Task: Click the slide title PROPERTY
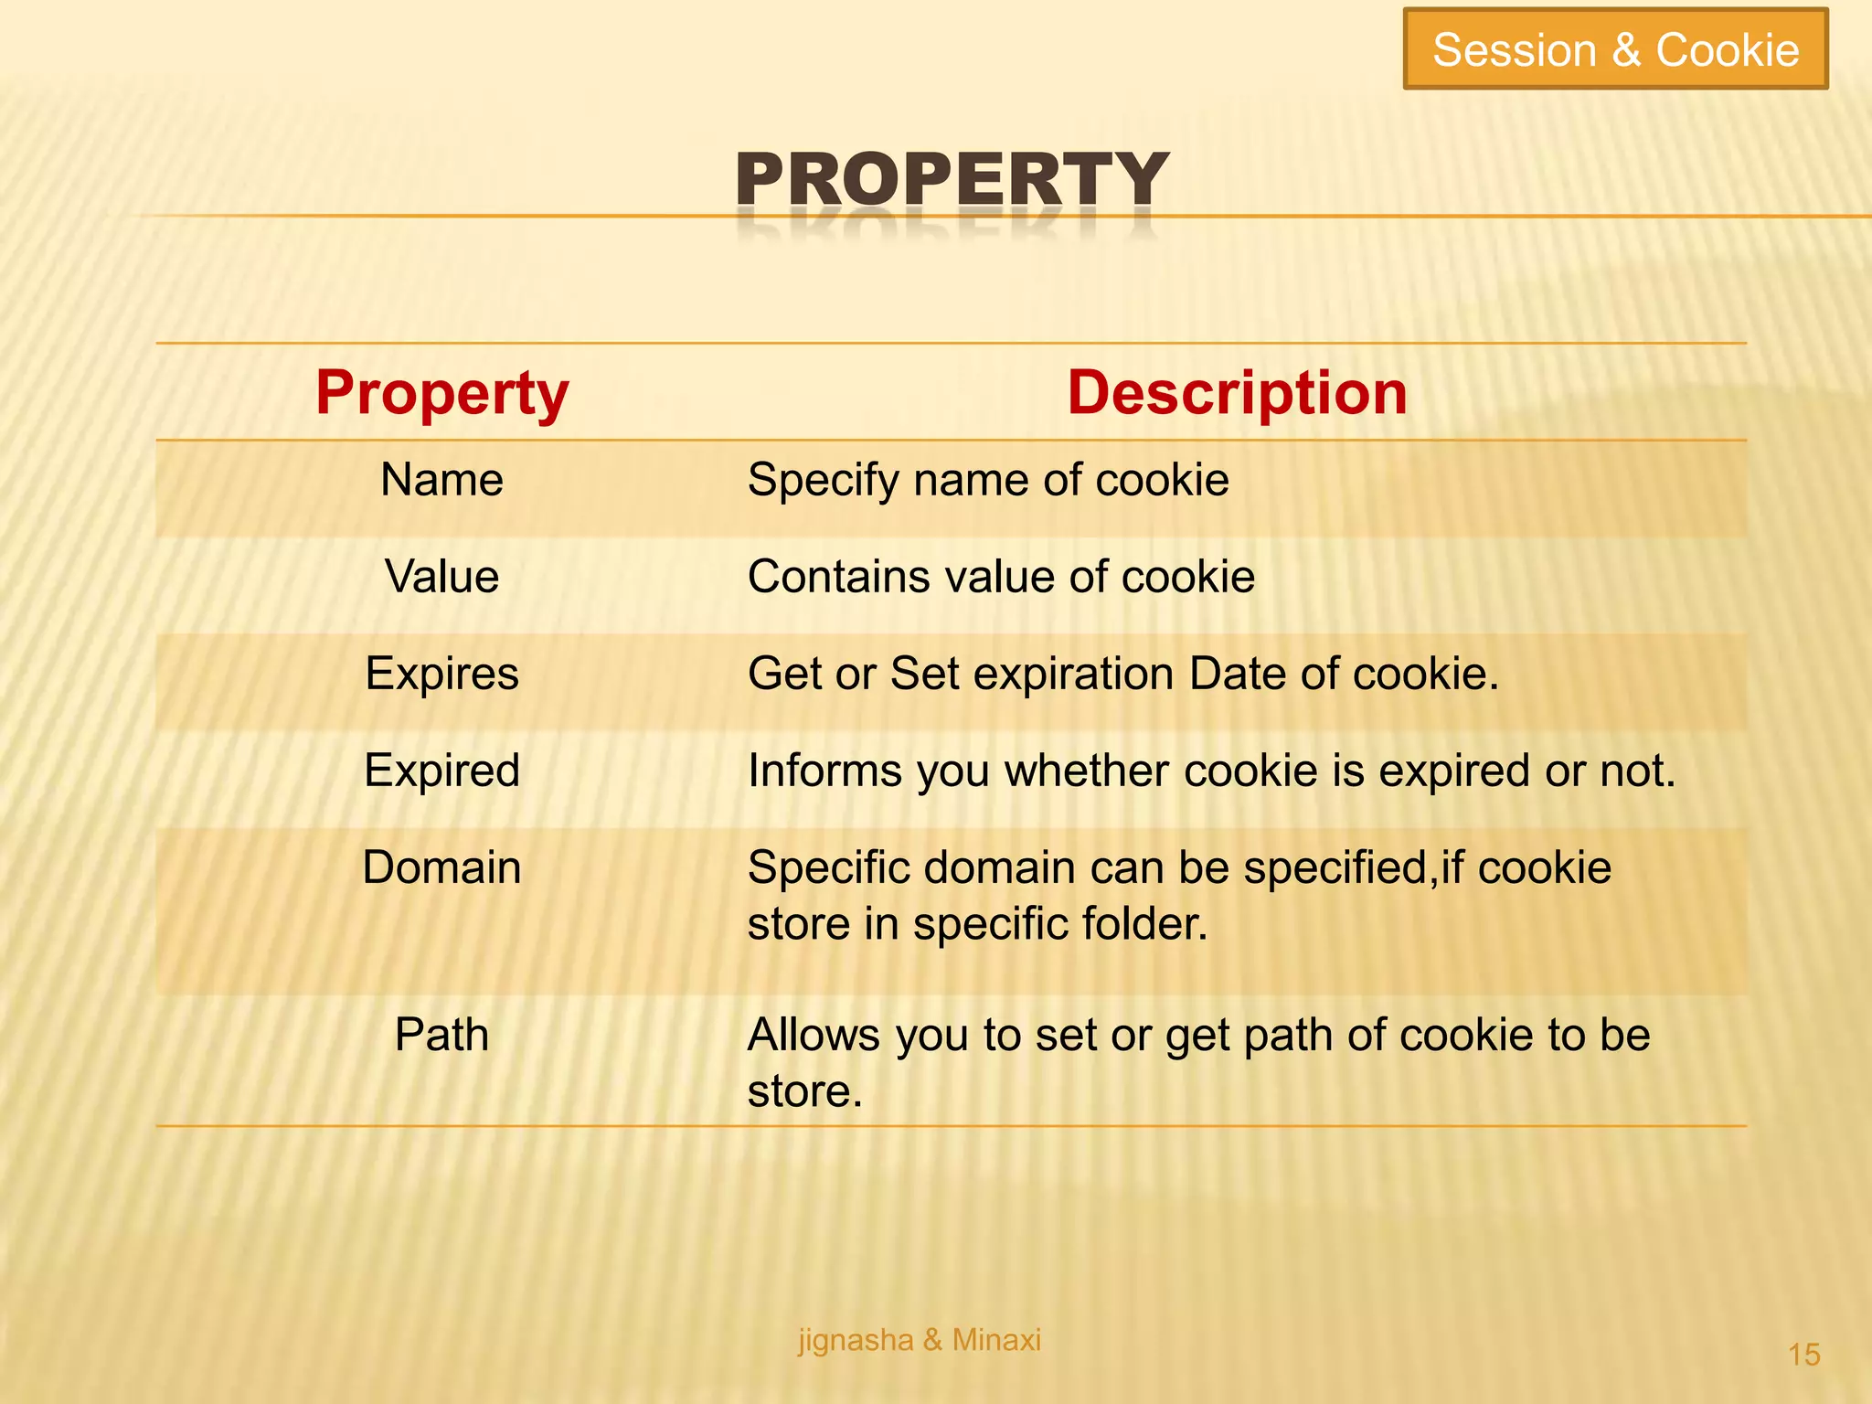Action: point(952,179)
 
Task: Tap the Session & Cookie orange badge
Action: point(1615,49)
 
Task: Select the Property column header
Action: point(442,392)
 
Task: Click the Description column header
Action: point(1237,392)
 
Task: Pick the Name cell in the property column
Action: point(441,480)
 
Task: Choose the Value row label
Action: point(442,577)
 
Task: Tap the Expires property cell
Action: point(442,674)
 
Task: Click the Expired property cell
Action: point(442,771)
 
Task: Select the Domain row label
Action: point(442,867)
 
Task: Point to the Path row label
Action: point(442,1035)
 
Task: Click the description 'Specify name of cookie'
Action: point(988,480)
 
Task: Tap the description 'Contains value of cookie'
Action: point(1001,577)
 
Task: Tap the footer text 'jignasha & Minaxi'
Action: point(920,1340)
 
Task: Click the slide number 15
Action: point(1803,1355)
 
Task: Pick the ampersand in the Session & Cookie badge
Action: point(1626,50)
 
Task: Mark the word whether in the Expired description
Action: point(1087,771)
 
